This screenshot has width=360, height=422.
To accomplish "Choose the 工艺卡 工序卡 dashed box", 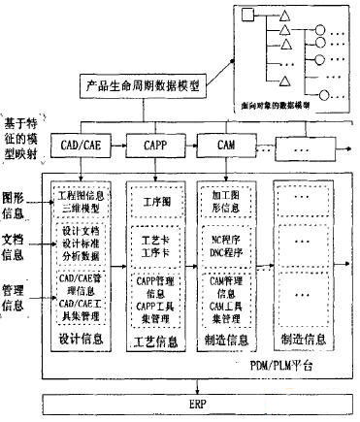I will coord(151,239).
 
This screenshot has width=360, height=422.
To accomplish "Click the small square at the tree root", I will coord(246,16).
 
